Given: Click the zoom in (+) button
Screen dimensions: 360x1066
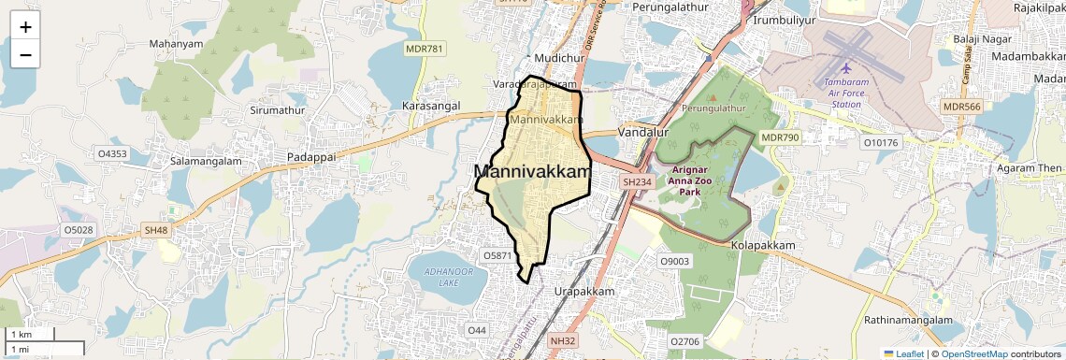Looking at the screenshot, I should [25, 26].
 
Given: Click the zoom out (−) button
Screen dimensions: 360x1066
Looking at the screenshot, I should [25, 54].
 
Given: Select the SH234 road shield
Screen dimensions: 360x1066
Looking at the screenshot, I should [637, 181].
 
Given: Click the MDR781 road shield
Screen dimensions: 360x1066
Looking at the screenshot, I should [424, 49].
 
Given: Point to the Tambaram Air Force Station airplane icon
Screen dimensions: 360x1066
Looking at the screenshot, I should [847, 68].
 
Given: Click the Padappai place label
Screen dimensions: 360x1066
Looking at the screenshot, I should [311, 157].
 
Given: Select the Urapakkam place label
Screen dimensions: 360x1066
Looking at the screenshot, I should [583, 292].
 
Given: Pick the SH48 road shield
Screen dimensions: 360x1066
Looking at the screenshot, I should [155, 230].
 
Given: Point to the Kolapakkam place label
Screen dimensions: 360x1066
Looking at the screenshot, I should [763, 245].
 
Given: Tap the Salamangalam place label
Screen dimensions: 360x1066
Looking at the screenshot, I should [205, 161].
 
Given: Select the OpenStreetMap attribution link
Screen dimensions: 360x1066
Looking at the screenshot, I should [974, 353].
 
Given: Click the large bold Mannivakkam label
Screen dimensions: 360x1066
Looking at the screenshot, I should [533, 172].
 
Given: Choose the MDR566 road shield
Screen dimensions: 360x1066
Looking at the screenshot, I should [961, 107].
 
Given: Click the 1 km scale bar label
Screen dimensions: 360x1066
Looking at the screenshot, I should [21, 335].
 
